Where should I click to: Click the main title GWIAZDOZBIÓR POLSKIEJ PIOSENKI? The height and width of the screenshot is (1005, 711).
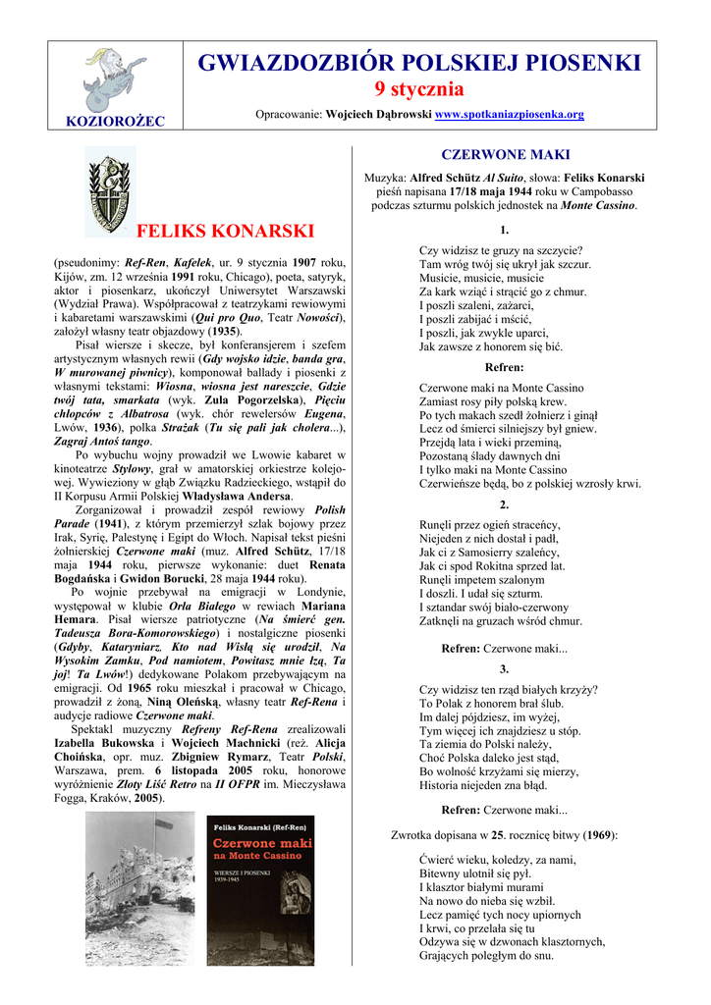pos(419,64)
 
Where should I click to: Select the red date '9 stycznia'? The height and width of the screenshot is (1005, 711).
pos(419,89)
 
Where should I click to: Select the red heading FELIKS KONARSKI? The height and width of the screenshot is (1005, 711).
pos(226,232)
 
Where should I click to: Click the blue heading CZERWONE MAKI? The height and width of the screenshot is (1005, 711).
pos(505,155)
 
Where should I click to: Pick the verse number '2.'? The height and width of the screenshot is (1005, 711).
pos(505,504)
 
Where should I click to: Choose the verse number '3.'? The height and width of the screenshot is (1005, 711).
pos(505,669)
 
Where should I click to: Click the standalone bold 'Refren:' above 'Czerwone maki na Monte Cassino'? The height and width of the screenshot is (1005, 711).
pos(505,367)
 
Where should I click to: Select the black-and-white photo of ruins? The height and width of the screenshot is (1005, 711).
pos(139,888)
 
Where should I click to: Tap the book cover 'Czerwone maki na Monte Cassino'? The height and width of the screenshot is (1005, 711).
pos(260,888)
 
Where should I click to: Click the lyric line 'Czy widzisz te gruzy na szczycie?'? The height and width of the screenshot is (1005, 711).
pos(501,250)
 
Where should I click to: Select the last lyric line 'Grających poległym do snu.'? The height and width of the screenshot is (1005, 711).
pos(486,955)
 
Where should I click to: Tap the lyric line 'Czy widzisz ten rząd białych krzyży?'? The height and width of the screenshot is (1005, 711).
pos(508,689)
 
